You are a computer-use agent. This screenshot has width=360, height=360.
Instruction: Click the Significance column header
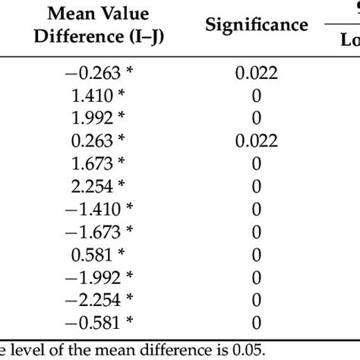coord(256,25)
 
